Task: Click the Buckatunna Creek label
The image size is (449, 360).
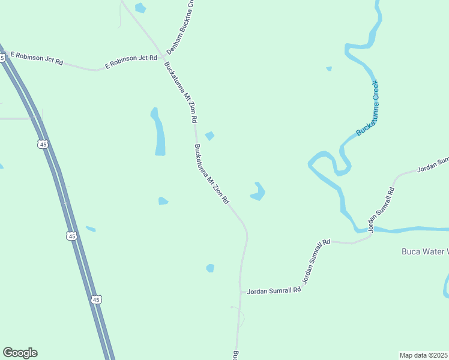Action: click(367, 108)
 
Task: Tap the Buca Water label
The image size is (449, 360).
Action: click(424, 251)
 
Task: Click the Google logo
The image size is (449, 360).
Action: click(20, 353)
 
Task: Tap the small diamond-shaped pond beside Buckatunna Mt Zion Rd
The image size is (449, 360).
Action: click(209, 136)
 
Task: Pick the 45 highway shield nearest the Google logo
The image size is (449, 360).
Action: click(97, 299)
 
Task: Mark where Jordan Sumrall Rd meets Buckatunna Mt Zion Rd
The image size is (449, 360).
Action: click(240, 292)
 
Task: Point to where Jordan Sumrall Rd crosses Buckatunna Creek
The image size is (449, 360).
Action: click(371, 231)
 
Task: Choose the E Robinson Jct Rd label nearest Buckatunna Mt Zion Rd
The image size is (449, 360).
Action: click(131, 61)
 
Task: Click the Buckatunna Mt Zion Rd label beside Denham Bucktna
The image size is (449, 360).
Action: click(180, 91)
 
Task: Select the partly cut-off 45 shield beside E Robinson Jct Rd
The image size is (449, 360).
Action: click(2, 58)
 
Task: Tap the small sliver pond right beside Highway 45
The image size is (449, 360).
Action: click(91, 229)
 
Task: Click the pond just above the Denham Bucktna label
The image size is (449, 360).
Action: click(140, 8)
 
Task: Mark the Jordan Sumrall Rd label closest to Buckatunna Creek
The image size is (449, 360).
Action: click(382, 210)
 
